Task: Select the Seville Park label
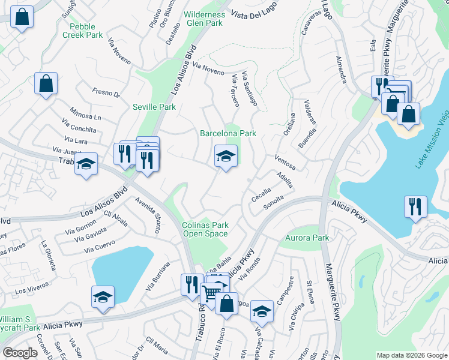click(x=154, y=107)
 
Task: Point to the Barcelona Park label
click(x=228, y=133)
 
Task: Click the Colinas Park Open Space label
click(x=205, y=230)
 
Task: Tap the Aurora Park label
click(x=307, y=238)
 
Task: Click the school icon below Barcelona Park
click(x=226, y=157)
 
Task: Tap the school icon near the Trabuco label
click(x=86, y=164)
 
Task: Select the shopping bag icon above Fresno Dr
click(x=46, y=84)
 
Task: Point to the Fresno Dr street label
click(x=106, y=93)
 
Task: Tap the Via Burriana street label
click(x=158, y=276)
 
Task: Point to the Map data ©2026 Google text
click(x=411, y=355)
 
